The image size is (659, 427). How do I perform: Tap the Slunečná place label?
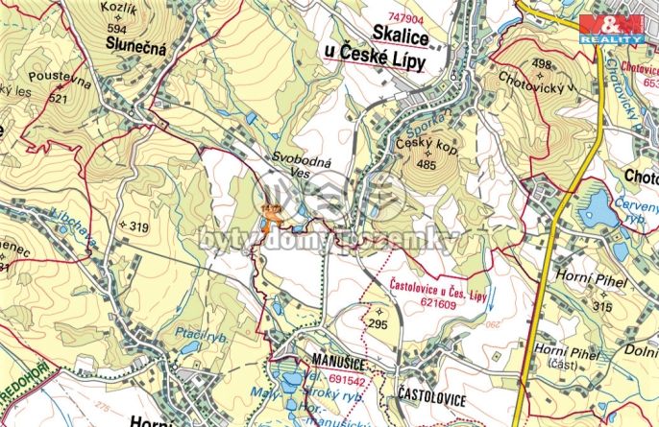[137, 46]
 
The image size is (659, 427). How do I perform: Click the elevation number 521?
[59, 98]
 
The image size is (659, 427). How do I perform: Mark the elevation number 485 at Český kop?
[427, 164]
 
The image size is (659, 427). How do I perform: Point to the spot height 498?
[516, 63]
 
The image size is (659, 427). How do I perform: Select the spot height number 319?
[135, 226]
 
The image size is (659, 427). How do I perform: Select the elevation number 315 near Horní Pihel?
[603, 306]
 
